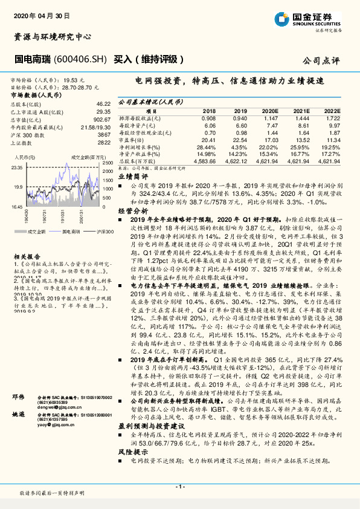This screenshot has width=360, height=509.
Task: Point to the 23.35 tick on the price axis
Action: coord(16,167)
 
